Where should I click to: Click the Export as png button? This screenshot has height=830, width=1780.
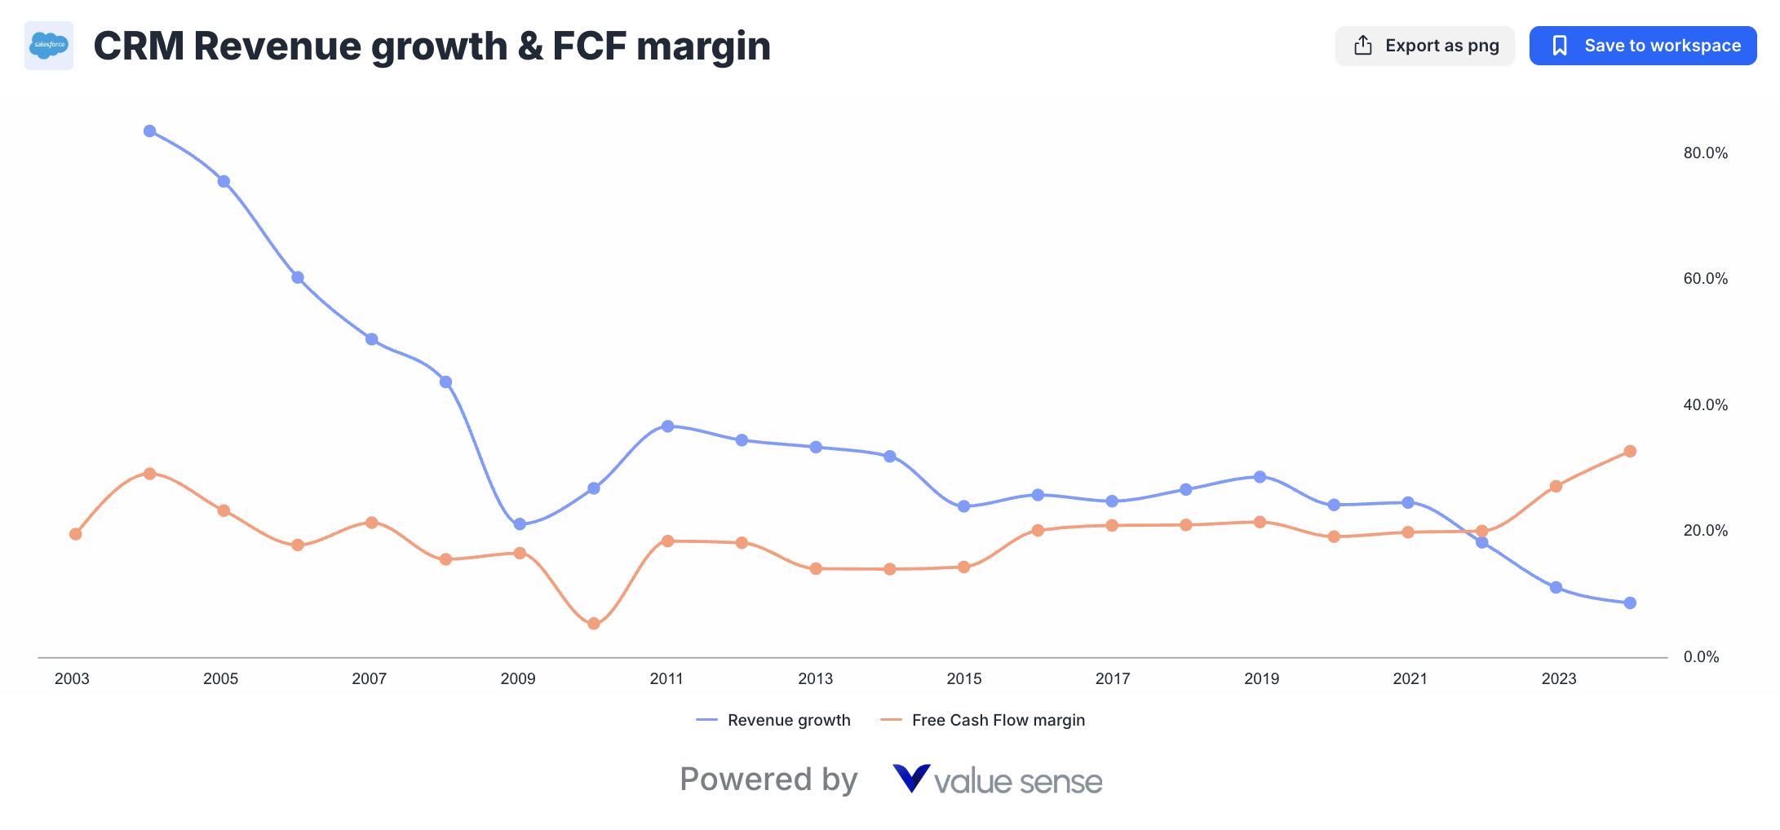pos(1424,46)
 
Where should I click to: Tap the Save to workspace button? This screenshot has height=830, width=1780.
pos(1642,46)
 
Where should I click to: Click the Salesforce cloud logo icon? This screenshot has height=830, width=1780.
pos(49,46)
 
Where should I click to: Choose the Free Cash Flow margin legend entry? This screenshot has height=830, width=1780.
pos(983,720)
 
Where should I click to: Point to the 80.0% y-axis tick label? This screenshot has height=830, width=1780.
pos(1705,153)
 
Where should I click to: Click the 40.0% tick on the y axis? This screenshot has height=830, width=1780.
pos(1705,405)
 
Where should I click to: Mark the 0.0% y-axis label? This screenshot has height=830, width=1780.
pos(1701,657)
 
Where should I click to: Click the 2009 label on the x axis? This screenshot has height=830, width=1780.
pos(518,679)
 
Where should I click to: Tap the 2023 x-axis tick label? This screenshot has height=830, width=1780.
pos(1558,679)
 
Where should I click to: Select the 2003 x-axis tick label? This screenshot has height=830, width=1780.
pos(72,679)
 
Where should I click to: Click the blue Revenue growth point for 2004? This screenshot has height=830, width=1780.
pos(149,131)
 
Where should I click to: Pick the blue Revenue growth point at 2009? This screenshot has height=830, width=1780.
pos(520,524)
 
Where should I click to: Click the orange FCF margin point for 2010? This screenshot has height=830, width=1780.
pos(594,624)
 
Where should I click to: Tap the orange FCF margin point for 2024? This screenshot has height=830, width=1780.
pos(1630,452)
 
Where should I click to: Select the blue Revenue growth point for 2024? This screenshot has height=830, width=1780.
pos(1630,603)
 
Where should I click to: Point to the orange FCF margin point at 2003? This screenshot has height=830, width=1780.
pos(76,534)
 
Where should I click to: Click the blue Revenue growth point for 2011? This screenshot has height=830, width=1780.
pos(668,426)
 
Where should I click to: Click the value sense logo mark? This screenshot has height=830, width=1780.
pos(911,779)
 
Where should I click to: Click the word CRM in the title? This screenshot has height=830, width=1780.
pos(139,46)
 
